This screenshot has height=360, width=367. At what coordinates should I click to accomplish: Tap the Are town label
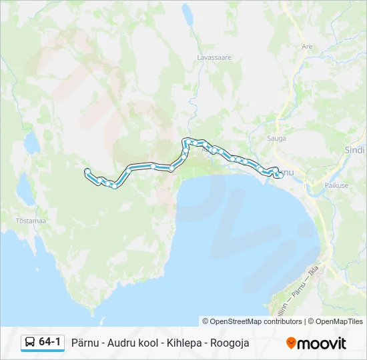tap(307, 47)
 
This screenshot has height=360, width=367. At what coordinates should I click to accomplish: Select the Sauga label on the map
tap(276, 139)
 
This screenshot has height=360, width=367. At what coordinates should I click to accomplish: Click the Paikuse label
tap(336, 185)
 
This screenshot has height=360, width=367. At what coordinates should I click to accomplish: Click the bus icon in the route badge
tap(30, 343)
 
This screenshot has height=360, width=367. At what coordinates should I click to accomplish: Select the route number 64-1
tap(50, 343)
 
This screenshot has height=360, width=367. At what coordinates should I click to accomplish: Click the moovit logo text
tap(322, 343)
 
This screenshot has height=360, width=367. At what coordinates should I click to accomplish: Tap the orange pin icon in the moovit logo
tap(291, 343)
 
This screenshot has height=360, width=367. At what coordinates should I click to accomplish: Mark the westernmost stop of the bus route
tap(87, 172)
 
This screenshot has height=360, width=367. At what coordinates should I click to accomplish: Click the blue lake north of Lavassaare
tap(188, 13)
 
